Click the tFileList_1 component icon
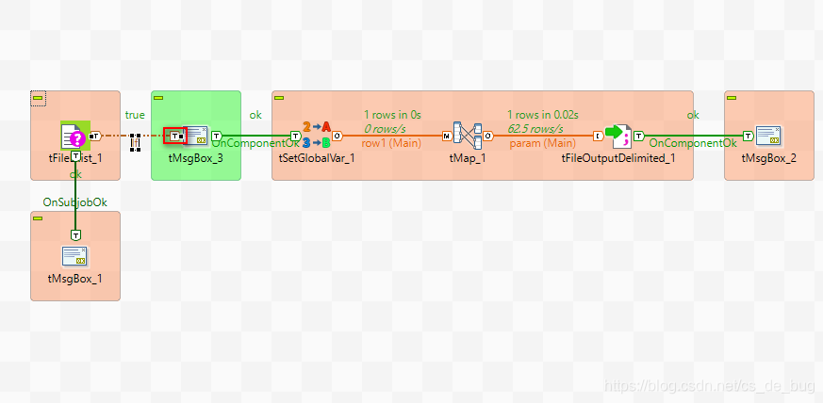click(x=74, y=136)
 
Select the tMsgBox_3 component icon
click(x=197, y=136)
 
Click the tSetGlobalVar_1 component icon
click(x=317, y=136)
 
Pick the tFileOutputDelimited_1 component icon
click(x=617, y=136)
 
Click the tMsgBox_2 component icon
click(x=768, y=136)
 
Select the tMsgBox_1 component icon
click(x=74, y=256)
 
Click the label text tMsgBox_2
click(x=768, y=158)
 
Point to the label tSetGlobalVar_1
click(x=317, y=158)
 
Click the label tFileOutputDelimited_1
click(x=617, y=158)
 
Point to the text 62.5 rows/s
click(x=535, y=128)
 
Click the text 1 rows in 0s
click(x=391, y=115)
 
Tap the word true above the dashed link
click(x=135, y=115)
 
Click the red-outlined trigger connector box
click(x=175, y=136)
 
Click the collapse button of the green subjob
click(x=159, y=97)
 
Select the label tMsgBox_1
click(x=74, y=279)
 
